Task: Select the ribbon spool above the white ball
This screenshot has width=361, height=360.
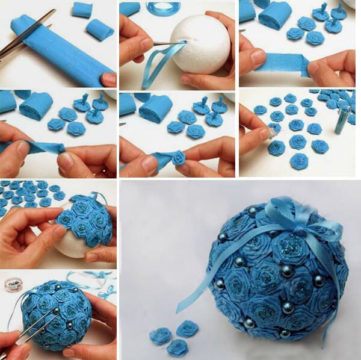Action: [x=158, y=8]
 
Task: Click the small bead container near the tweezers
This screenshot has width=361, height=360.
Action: [x=13, y=284]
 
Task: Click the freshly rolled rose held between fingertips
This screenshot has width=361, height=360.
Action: [x=178, y=157]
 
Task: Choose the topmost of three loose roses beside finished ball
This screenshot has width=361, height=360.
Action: [x=187, y=328]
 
